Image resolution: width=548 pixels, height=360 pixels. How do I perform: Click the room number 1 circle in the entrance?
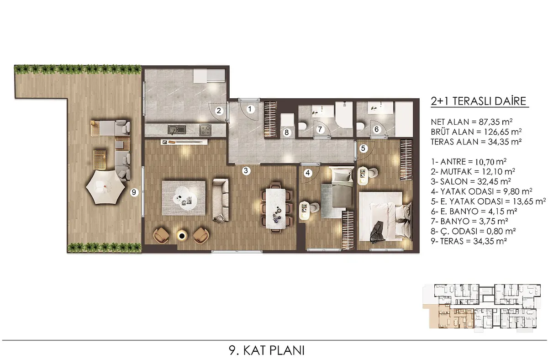(x=250, y=109)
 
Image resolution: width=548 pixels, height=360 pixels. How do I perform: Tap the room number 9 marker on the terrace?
(x=133, y=192)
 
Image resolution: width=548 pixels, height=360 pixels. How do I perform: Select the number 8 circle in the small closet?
(x=286, y=132)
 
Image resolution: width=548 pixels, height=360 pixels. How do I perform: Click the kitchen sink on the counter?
(x=177, y=130)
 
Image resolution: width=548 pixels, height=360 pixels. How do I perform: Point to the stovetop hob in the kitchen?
(x=205, y=130)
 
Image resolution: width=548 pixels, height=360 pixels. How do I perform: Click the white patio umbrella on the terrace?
(x=105, y=187)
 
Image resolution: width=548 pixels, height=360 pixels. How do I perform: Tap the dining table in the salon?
(x=275, y=208)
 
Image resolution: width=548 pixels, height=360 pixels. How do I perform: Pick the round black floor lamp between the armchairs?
(x=182, y=235)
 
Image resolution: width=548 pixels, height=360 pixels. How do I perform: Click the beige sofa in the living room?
(x=221, y=201)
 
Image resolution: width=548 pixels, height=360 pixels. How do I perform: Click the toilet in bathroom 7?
(x=303, y=126)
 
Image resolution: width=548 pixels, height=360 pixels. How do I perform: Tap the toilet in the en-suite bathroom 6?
(x=360, y=126)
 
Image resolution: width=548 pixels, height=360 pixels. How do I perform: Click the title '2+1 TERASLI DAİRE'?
(x=479, y=101)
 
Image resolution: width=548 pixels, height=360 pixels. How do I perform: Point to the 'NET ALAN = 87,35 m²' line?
(x=472, y=122)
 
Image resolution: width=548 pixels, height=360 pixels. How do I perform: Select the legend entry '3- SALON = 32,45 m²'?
(x=471, y=181)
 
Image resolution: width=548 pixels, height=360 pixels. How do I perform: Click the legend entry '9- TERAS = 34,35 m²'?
(x=469, y=241)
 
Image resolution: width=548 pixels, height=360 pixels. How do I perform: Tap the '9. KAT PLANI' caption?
(x=267, y=350)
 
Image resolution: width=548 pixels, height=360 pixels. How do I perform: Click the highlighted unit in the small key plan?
(x=451, y=318)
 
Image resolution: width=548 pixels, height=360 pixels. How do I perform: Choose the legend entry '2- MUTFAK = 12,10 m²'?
(x=473, y=172)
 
